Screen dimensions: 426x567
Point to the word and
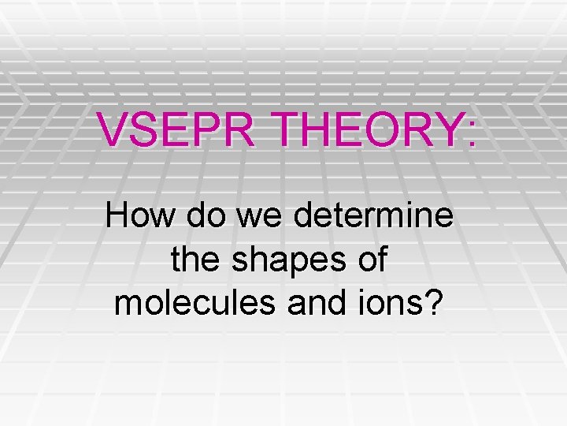coord(313,303)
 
